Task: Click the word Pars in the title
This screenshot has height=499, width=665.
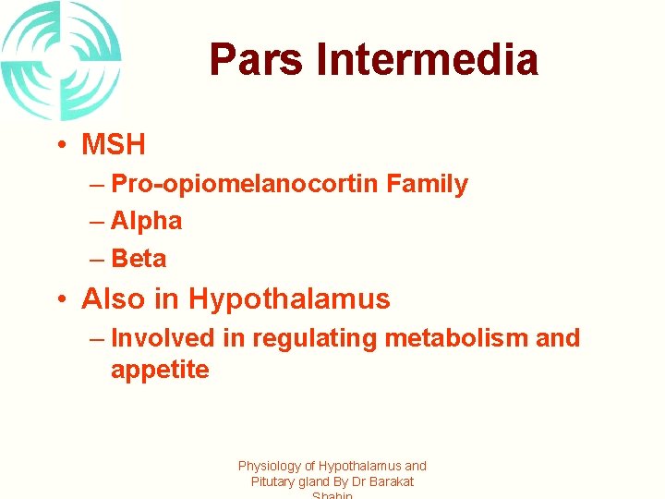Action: coord(256,60)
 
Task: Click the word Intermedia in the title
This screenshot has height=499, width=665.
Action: coord(427,60)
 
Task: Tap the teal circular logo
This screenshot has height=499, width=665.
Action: coord(60,61)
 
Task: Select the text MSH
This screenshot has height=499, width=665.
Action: coord(114,145)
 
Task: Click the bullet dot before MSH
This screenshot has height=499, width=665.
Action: coord(58,146)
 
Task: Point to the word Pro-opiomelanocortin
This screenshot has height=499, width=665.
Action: coord(245,184)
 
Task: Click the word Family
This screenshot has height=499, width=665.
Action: coord(428,184)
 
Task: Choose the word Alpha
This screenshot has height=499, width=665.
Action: coord(146,221)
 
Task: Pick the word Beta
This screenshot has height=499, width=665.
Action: coord(139,258)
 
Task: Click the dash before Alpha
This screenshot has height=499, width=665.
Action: coord(97,222)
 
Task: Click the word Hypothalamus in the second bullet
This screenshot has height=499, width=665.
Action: coord(289,299)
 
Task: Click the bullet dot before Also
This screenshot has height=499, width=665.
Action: coord(58,299)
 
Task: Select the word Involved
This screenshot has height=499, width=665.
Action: coord(163,338)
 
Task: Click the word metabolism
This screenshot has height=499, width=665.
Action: coord(456,338)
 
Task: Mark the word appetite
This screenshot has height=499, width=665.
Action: coord(160,371)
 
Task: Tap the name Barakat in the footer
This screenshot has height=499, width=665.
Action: coord(390,481)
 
